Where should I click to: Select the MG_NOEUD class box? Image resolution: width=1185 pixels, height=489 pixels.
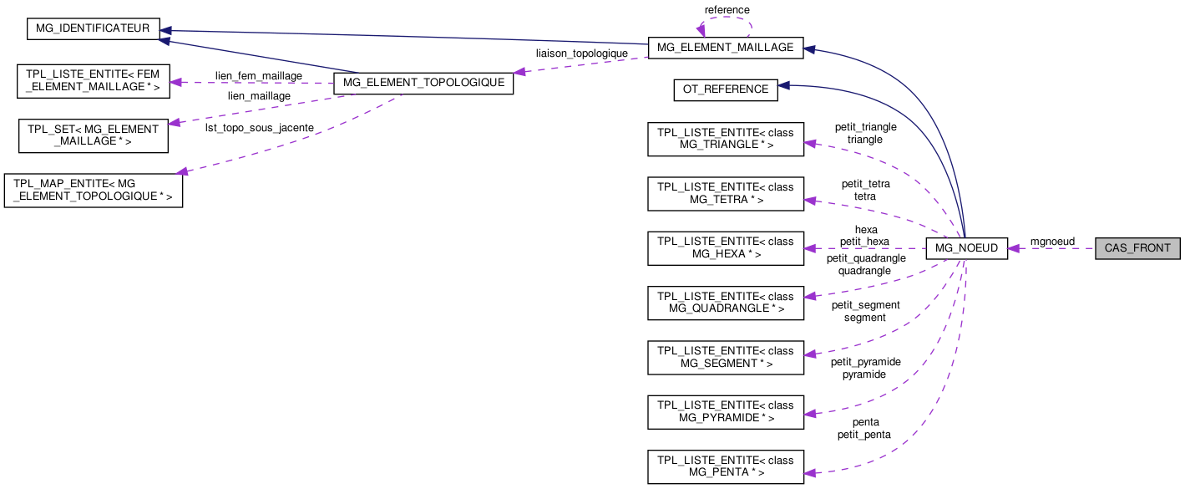(967, 248)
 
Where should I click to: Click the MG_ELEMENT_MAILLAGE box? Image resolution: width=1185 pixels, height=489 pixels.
(726, 48)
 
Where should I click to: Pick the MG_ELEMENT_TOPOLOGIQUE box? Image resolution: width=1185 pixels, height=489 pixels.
(423, 83)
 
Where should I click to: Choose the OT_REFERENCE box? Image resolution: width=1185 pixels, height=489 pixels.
(726, 90)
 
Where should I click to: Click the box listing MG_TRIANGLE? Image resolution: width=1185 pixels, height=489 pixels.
(726, 139)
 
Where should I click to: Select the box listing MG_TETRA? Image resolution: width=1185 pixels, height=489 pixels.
(726, 193)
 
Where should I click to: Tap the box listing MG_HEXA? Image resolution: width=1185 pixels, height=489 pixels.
(726, 247)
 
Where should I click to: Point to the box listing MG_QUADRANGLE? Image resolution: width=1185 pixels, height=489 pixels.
(726, 302)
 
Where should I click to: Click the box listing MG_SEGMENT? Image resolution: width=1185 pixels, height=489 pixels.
(726, 357)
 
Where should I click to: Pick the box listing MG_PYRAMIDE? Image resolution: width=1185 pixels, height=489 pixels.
(726, 411)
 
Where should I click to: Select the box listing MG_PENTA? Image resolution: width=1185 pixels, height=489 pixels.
(726, 466)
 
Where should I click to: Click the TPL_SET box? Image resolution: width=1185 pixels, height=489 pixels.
(94, 135)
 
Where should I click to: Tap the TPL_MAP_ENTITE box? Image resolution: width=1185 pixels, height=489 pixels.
(94, 190)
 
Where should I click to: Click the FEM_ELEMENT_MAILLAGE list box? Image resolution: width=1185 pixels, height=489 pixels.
(94, 80)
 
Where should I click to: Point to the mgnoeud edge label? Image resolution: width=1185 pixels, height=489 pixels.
(1052, 242)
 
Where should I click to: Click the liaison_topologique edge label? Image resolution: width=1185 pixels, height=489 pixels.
(581, 53)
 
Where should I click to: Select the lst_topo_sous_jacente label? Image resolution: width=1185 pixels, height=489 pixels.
(260, 128)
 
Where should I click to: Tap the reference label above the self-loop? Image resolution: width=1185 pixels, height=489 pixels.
(727, 10)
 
